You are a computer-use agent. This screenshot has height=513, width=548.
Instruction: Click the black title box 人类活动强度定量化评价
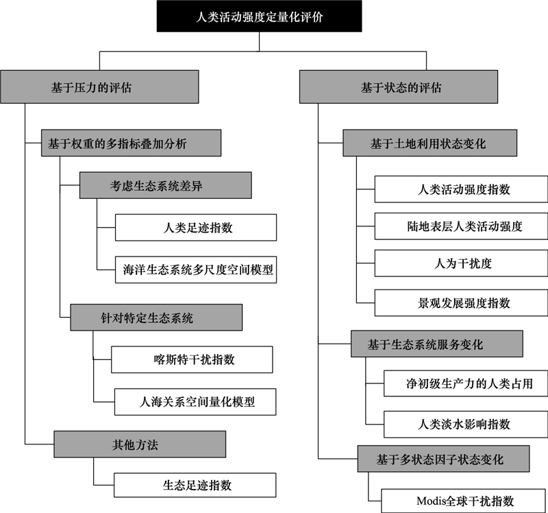tap(259, 16)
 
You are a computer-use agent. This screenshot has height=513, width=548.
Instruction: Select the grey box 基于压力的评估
tap(99, 87)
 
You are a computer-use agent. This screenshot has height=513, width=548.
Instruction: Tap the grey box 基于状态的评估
tap(399, 87)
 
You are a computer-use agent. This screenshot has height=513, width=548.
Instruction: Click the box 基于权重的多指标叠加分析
tap(131, 143)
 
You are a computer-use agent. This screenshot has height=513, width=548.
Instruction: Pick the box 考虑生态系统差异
tap(166, 185)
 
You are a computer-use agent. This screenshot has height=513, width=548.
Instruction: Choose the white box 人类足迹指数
tap(196, 228)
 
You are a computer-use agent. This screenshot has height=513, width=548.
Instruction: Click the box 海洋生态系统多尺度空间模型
tap(196, 270)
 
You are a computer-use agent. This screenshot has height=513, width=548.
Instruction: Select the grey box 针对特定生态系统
tap(156, 318)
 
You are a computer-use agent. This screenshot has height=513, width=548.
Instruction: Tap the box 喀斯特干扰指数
tap(192, 359)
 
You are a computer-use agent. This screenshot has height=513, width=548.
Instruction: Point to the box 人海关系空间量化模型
tap(195, 402)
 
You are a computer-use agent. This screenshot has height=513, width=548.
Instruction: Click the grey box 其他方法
tap(140, 444)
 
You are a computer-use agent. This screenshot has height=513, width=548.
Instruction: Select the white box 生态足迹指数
tap(195, 485)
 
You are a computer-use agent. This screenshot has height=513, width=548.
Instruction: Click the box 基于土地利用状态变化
tap(430, 143)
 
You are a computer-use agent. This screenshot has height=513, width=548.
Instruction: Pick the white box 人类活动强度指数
tap(461, 189)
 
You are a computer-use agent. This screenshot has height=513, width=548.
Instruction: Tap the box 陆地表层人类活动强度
tap(461, 226)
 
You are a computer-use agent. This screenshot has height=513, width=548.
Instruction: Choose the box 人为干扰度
tap(461, 263)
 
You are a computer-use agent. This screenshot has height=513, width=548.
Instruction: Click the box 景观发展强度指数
tap(461, 302)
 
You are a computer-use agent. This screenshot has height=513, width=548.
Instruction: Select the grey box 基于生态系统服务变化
tap(437, 344)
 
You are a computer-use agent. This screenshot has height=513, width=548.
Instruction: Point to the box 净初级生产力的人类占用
tap(466, 383)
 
